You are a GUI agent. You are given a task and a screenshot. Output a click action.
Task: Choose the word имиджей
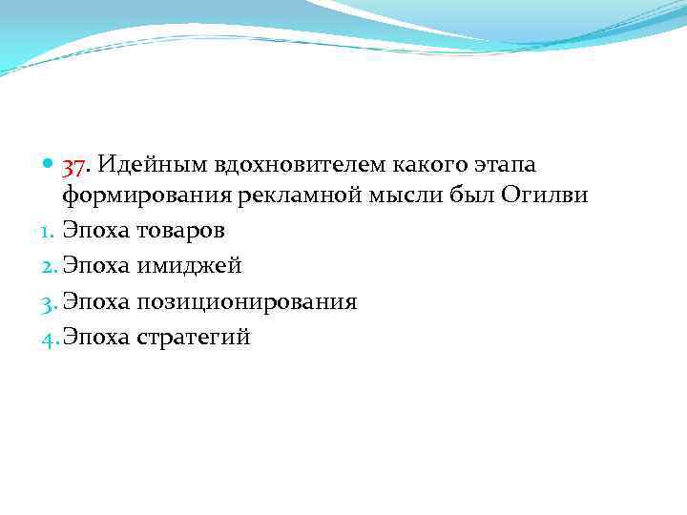(189, 267)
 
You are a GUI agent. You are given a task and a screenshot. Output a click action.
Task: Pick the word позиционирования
(246, 302)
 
